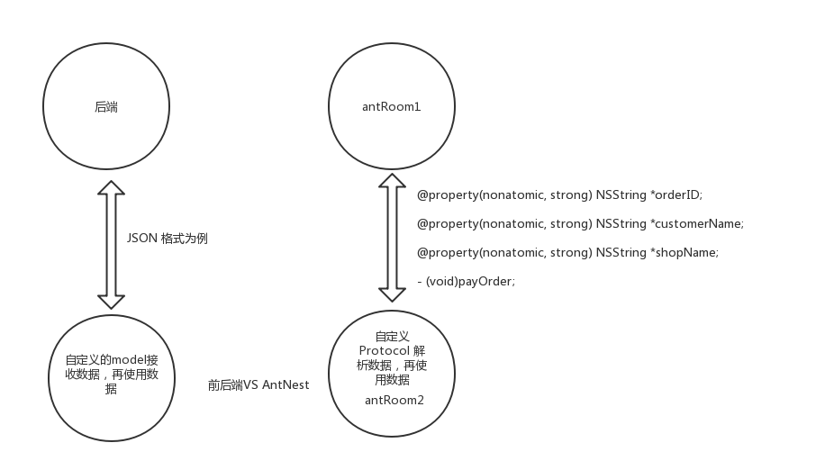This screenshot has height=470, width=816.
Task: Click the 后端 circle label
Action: tap(106, 107)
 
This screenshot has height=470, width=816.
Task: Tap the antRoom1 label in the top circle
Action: tap(391, 107)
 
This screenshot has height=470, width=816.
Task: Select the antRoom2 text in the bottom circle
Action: tap(394, 400)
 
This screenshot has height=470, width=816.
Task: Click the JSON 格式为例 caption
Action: tap(168, 239)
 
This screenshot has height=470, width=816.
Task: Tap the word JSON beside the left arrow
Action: tap(141, 239)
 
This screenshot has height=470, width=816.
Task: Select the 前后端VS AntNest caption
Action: tap(258, 384)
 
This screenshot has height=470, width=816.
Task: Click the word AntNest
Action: tap(286, 384)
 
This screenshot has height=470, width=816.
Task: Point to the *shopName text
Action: tap(684, 252)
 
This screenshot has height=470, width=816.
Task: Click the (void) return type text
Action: tap(441, 281)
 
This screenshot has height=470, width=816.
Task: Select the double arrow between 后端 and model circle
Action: tap(110, 243)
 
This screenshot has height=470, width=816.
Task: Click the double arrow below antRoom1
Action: tap(392, 238)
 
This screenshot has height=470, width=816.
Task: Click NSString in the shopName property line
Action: tap(621, 252)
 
